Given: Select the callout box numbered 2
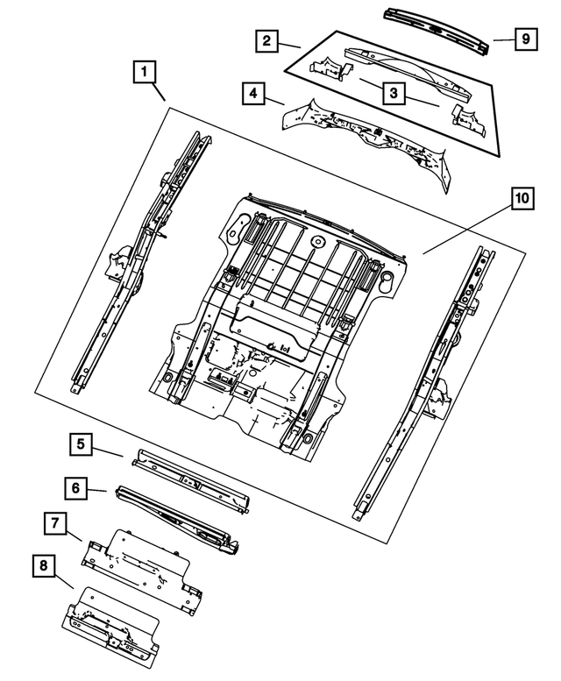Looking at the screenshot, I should (x=267, y=40).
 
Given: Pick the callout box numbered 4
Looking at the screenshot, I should (x=252, y=92).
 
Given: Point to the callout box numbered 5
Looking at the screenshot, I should (x=81, y=444).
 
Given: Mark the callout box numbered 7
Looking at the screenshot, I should (x=54, y=524).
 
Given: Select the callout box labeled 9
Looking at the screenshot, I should (x=523, y=39).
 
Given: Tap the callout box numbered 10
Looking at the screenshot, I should (x=522, y=200).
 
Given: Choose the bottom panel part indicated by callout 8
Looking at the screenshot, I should (x=110, y=621).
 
